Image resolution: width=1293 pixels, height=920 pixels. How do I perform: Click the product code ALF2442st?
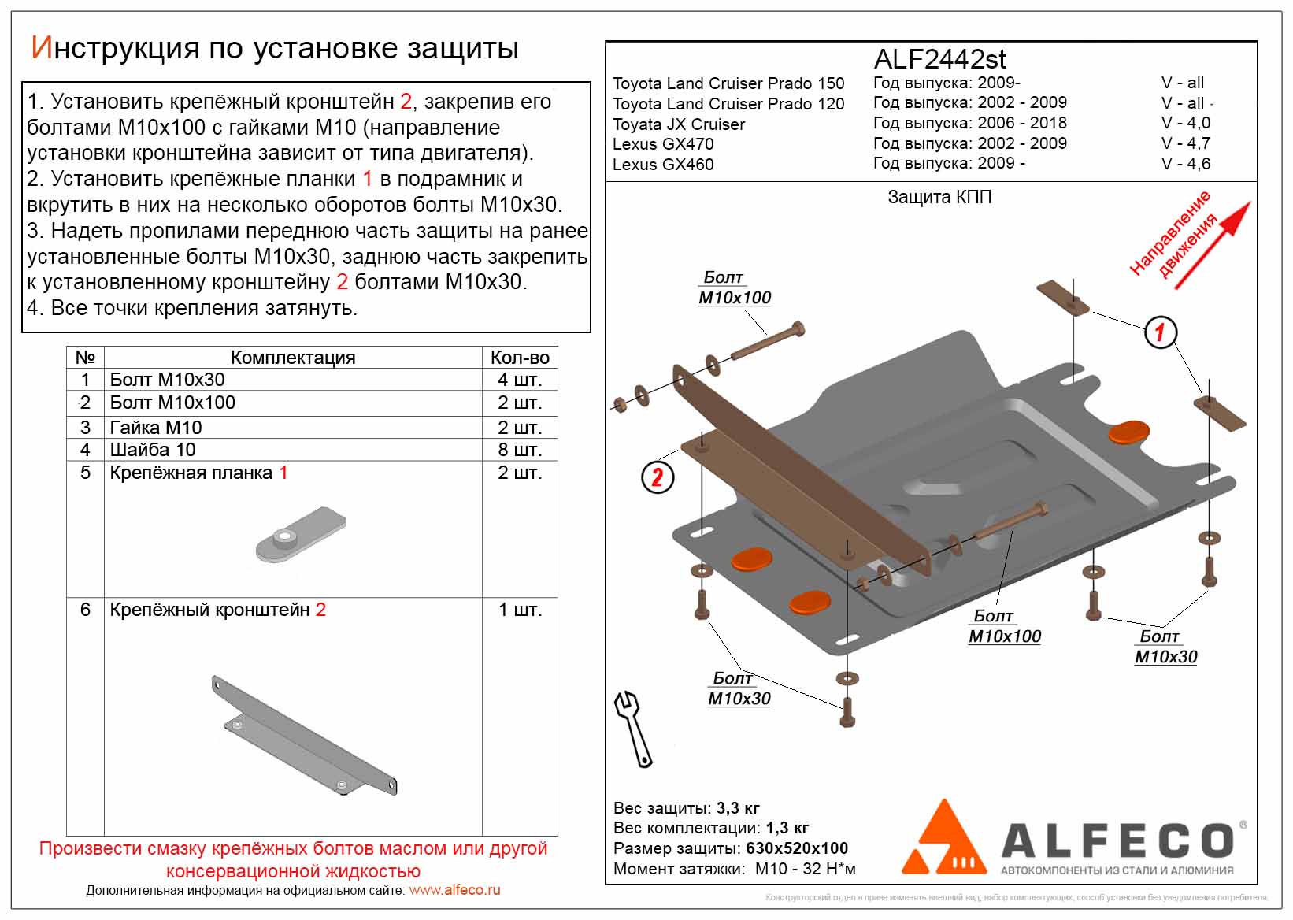tap(939, 59)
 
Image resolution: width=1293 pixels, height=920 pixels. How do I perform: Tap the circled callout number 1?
tap(1159, 332)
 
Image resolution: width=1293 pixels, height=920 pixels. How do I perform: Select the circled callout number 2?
tap(658, 477)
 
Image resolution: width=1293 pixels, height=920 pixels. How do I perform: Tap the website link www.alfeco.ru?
tap(454, 890)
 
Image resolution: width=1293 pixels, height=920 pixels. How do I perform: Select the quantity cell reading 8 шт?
tap(519, 450)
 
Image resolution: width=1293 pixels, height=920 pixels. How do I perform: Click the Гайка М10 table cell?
tap(156, 428)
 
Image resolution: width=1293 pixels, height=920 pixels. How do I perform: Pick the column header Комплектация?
tap(293, 358)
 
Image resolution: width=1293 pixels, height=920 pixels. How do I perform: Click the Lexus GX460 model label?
tap(663, 165)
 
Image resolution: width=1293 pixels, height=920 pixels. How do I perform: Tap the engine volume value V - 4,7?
tap(1185, 143)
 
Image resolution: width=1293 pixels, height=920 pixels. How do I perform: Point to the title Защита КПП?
tap(939, 197)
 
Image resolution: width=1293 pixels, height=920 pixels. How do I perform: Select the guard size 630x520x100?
tap(796, 848)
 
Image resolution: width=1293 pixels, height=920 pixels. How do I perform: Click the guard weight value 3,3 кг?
tap(738, 808)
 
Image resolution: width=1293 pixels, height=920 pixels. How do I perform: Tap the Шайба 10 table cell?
tap(153, 450)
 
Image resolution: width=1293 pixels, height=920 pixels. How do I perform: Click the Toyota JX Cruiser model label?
tap(678, 124)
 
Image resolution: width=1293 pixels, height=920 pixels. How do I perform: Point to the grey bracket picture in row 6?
tap(304, 735)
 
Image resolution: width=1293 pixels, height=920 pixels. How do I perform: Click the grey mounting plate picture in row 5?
tap(301, 536)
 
